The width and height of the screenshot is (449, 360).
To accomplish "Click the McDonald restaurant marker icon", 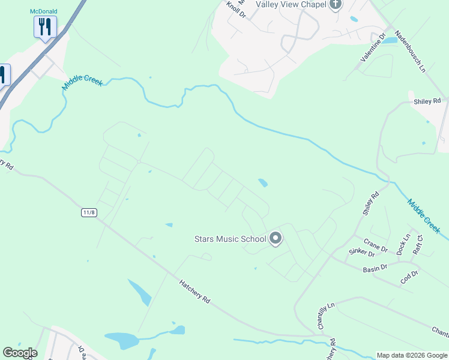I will click(x=45, y=26).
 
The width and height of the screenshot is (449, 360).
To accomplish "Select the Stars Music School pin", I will click(x=276, y=239).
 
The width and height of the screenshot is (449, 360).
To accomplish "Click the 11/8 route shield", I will click(x=89, y=213).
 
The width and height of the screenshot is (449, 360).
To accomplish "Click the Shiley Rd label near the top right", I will click(x=427, y=101).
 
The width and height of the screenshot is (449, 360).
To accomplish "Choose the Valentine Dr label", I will click(x=372, y=52).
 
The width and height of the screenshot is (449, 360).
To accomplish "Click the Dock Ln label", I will click(x=403, y=244).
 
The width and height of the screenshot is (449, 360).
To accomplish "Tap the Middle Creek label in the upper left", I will click(x=82, y=80).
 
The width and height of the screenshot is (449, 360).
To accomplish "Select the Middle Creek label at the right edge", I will click(x=424, y=216).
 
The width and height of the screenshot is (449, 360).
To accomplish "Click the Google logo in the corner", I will click(x=20, y=353).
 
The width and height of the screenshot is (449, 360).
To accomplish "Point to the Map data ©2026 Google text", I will click(x=412, y=355).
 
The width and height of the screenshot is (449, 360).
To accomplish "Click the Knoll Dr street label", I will click(x=236, y=10).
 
